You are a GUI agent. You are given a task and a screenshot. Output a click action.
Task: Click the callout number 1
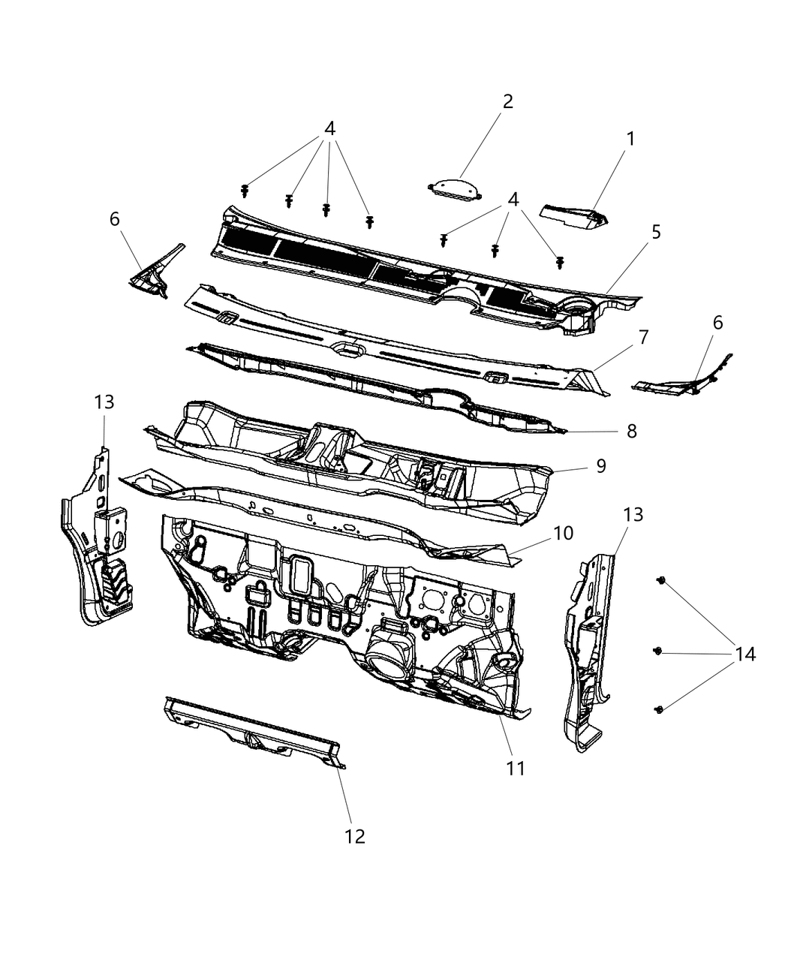coord(630,139)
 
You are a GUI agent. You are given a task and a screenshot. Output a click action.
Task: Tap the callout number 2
coord(508,101)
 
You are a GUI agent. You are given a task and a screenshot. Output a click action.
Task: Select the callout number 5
coord(656,232)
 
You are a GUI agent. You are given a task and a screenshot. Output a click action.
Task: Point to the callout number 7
coord(643,337)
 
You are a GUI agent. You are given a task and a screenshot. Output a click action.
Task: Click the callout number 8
coord(631,431)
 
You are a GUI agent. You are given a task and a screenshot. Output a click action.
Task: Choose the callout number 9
coord(600,466)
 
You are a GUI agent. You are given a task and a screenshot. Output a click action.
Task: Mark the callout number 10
coord(563,533)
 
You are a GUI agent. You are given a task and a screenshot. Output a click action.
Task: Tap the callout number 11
coord(516,768)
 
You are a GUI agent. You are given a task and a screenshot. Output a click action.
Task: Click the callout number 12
coord(354,836)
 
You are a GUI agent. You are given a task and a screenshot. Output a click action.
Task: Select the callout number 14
coord(744,655)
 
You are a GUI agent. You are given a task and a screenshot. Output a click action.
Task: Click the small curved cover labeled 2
coord(453,189)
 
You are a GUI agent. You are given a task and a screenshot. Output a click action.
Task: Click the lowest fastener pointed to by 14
coord(659,709)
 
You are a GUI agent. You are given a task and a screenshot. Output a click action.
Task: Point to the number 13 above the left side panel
coord(104,402)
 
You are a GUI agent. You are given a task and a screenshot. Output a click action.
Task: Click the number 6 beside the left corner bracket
coord(114,219)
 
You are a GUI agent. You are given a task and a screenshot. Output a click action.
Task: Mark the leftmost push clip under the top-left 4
coord(245,190)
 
